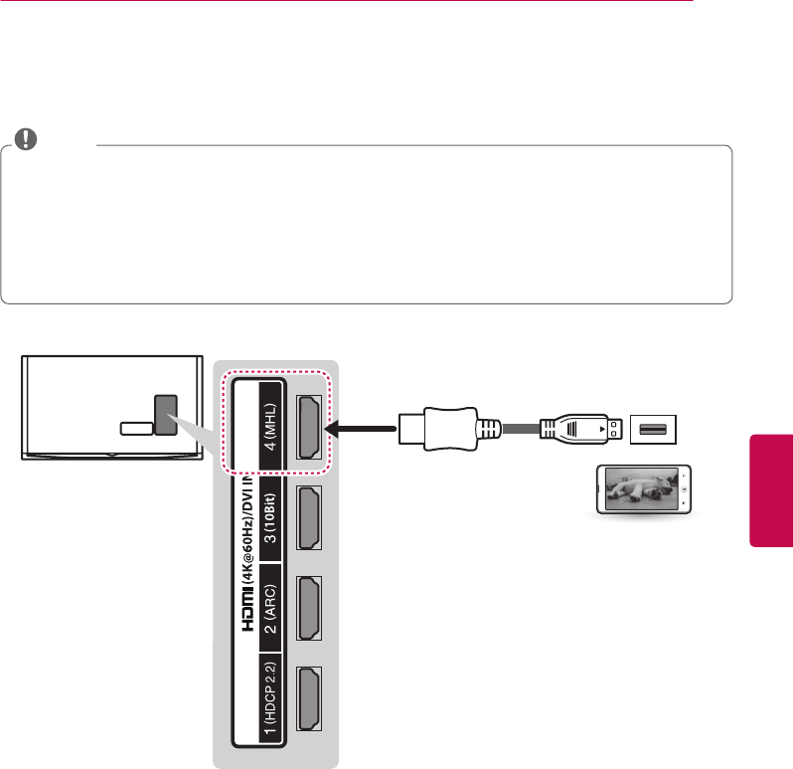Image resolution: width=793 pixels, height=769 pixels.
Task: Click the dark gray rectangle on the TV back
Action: (x=166, y=415)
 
